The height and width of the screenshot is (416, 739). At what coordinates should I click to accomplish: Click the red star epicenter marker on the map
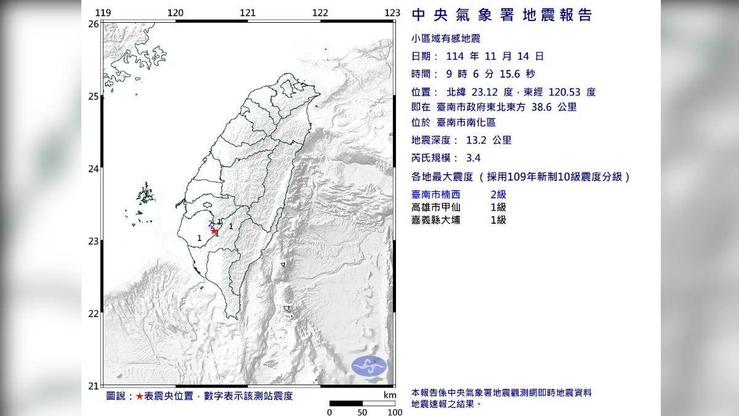[x=214, y=231]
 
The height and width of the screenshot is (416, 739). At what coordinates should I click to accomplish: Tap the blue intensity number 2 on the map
[x=211, y=224]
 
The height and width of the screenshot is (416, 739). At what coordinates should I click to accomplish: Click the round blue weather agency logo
[x=368, y=365]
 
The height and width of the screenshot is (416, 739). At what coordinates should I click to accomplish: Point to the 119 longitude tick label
[x=103, y=13]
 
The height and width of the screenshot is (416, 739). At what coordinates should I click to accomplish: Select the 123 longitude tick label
[x=392, y=13]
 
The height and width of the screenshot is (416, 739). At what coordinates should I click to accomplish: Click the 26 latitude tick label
[x=94, y=23]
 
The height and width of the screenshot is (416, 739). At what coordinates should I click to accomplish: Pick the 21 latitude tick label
[x=94, y=386]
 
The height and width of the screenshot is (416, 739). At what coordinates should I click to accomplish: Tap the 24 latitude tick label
[x=94, y=168]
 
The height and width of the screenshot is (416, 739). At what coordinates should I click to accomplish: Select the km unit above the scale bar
[x=389, y=395]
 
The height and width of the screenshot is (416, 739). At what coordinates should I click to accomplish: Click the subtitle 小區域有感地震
[x=445, y=38]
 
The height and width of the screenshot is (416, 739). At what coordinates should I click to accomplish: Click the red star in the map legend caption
[x=140, y=396]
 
